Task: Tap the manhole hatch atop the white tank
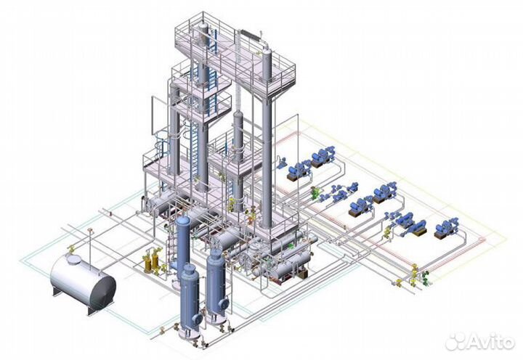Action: tap(73, 258)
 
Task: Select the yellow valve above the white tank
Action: tap(70, 249)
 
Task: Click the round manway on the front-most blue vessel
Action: tap(198, 319)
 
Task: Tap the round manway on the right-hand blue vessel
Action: tap(224, 303)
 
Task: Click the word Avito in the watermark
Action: tap(490, 343)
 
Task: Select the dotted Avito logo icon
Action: tap(455, 341)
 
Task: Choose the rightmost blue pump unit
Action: tap(447, 228)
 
